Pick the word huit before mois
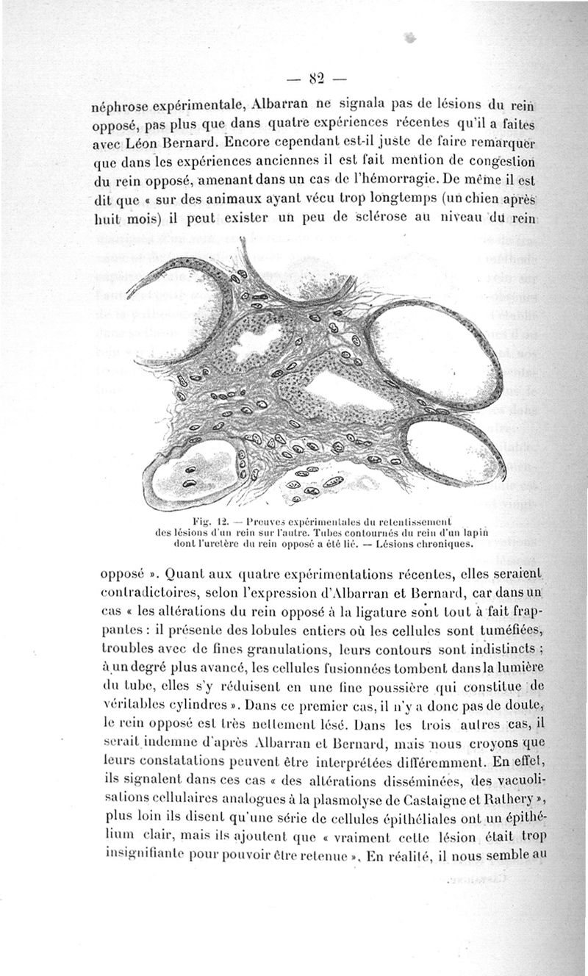[x=107, y=218]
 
